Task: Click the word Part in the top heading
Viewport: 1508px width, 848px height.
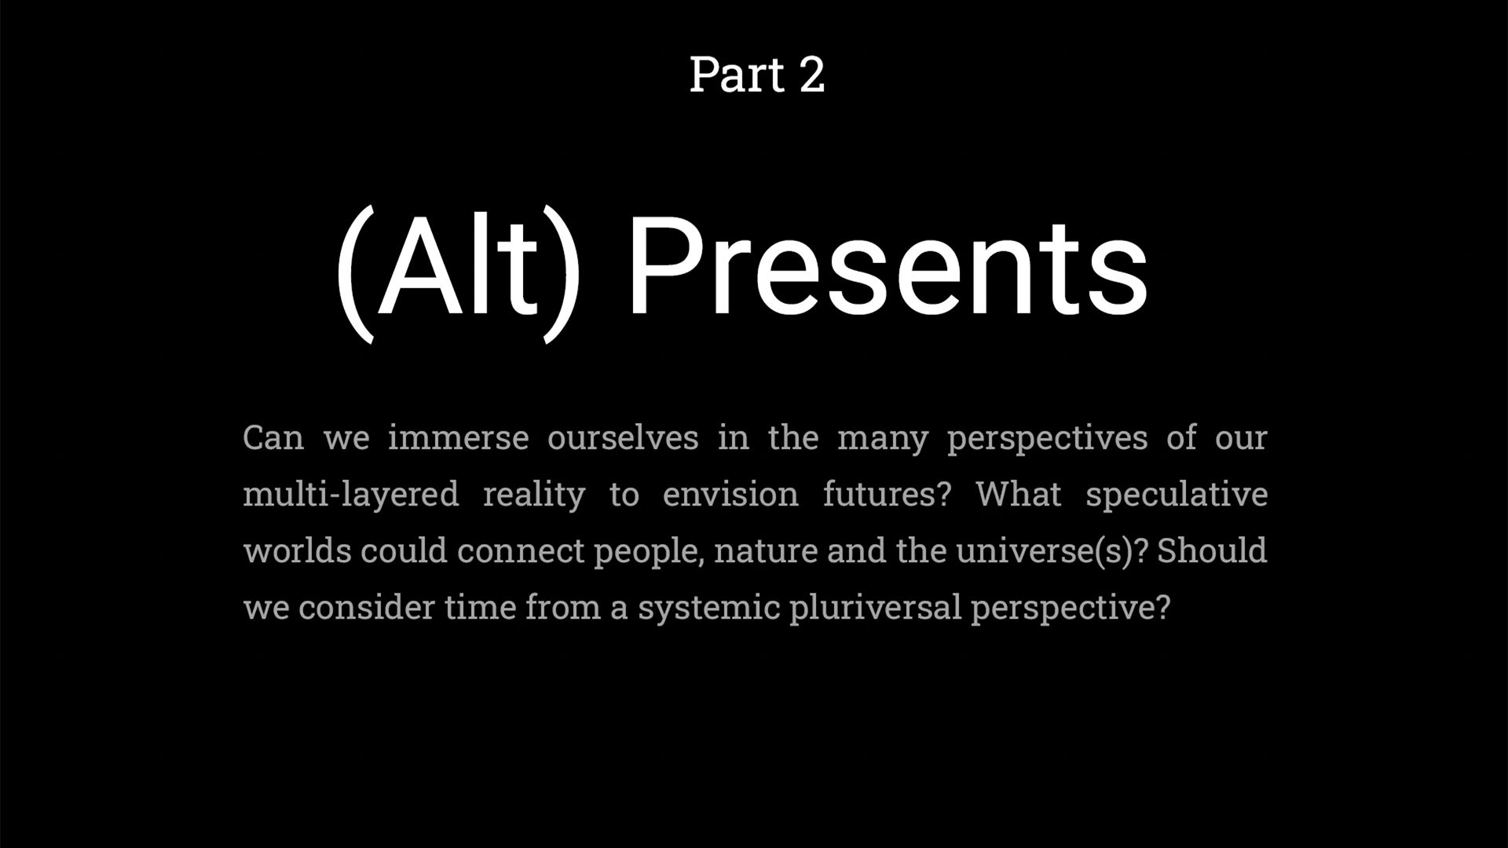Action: pos(737,75)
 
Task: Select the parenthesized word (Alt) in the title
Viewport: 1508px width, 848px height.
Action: pos(459,272)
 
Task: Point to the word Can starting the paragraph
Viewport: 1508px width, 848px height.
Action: pos(273,437)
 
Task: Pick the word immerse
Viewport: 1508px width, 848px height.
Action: pos(458,437)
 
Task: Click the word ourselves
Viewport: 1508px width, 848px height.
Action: pos(623,437)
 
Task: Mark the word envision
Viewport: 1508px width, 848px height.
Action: pos(730,495)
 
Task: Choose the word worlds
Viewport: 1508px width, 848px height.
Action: pos(298,550)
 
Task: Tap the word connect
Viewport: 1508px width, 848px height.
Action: pos(521,550)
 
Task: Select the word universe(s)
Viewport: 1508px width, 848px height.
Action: pos(1045,551)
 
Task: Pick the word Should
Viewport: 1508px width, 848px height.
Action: pos(1212,550)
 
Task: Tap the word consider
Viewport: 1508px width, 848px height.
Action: pos(366,607)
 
